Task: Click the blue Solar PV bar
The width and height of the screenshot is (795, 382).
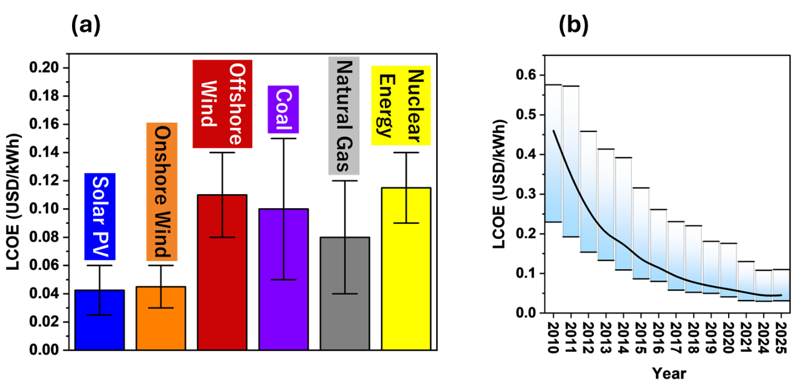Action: tap(99, 320)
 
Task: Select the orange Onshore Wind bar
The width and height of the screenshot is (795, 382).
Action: tap(161, 318)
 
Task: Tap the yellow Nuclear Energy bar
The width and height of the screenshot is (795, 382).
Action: tap(407, 269)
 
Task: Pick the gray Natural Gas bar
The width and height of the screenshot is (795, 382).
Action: tap(345, 294)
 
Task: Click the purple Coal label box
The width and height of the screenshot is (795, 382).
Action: tap(283, 109)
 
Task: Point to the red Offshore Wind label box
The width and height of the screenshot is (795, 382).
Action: tap(223, 104)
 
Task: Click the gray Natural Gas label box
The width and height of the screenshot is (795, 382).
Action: tap(344, 116)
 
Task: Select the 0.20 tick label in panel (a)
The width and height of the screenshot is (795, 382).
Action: tap(44, 67)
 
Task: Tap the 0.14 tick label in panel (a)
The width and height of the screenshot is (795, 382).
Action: tap(44, 152)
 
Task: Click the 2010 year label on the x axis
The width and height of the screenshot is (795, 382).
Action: tap(553, 338)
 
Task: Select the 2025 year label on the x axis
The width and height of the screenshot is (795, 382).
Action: tap(781, 338)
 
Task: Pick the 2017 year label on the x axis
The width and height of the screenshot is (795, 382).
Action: tap(676, 338)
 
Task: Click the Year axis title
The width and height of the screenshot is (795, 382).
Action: tap(669, 373)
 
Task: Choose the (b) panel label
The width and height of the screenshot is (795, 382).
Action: tap(573, 26)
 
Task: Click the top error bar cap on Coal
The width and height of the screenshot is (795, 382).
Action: tap(283, 138)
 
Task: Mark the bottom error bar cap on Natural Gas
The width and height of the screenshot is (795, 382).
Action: tap(345, 294)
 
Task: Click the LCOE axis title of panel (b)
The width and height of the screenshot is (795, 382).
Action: tap(500, 184)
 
